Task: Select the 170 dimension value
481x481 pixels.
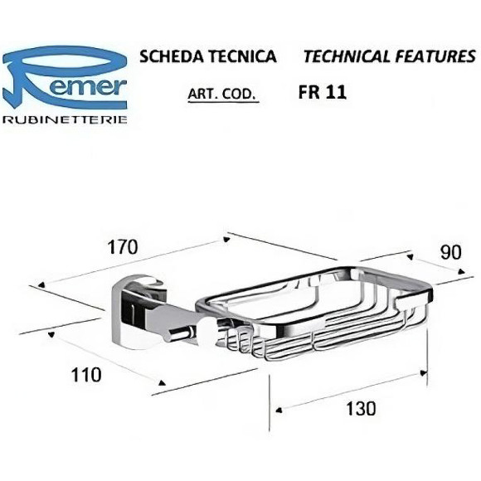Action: click(123, 246)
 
